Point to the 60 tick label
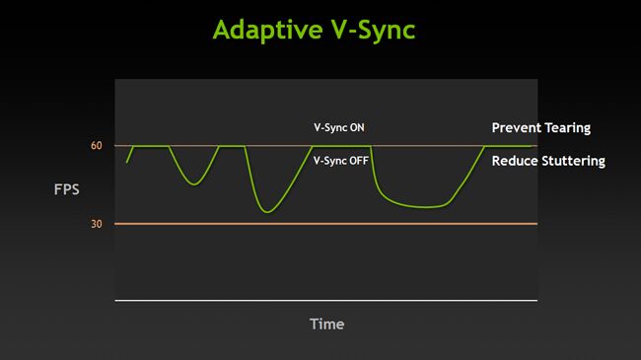[x=97, y=146]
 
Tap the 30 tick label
[x=97, y=224]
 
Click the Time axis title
[x=327, y=324]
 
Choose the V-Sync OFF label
[x=341, y=160]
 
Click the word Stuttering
[x=573, y=160]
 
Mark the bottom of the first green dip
[x=193, y=184]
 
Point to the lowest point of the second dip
[x=266, y=212]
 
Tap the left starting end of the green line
[x=126, y=163]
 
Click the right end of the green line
[x=533, y=146]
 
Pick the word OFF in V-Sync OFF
[x=359, y=160]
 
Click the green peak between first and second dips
[x=232, y=146]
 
